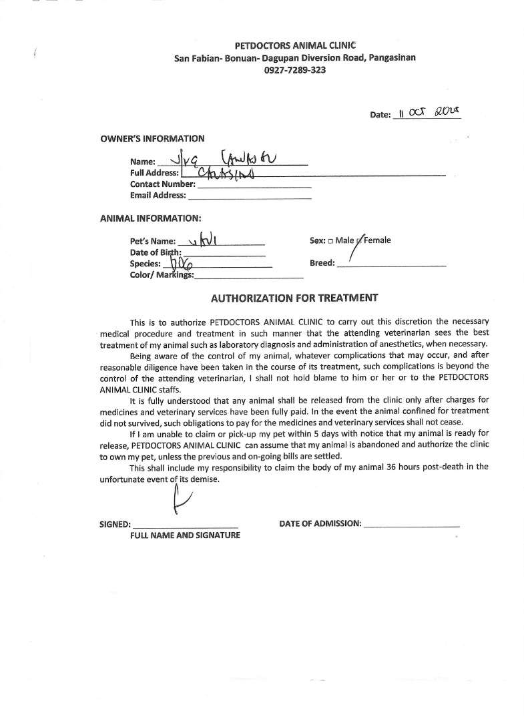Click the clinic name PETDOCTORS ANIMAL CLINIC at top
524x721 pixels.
tap(294, 45)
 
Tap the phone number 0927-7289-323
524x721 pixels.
tap(294, 70)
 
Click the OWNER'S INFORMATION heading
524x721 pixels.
tap(152, 139)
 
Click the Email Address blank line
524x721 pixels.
tap(250, 197)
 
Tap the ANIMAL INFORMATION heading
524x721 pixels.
tap(150, 218)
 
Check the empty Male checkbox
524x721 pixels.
tap(330, 241)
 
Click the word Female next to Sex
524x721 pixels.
tap(377, 240)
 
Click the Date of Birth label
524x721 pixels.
tap(156, 252)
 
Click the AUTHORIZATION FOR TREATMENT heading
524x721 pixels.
tap(294, 298)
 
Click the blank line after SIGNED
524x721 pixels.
tap(185, 525)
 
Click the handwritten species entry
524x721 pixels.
tap(179, 263)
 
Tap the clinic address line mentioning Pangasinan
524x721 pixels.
tap(294, 58)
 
